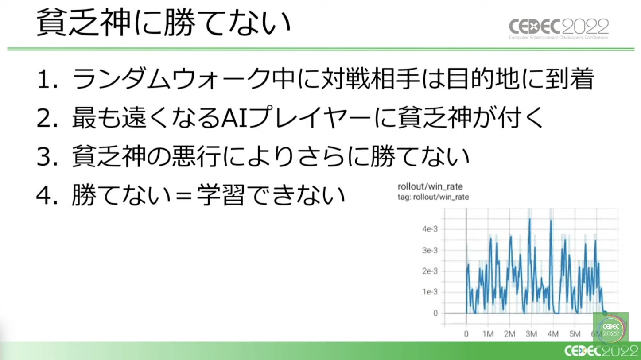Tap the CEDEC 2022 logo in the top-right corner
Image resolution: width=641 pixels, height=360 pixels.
pyautogui.click(x=559, y=29)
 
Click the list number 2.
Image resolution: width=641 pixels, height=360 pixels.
pyautogui.click(x=47, y=118)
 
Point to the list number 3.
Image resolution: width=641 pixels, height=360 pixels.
pyautogui.click(x=47, y=157)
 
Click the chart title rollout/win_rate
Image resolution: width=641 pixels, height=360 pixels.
pyautogui.click(x=430, y=187)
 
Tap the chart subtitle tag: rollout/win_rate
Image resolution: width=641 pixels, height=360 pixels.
pyautogui.click(x=433, y=197)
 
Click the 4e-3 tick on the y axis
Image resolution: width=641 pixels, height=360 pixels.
pyautogui.click(x=430, y=229)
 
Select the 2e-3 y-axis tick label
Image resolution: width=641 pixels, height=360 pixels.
pyautogui.click(x=430, y=271)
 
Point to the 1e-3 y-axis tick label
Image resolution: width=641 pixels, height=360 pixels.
pyautogui.click(x=430, y=292)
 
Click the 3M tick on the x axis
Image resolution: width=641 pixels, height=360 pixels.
pyautogui.click(x=531, y=334)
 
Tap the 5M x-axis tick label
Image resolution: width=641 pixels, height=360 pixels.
pyautogui.click(x=575, y=334)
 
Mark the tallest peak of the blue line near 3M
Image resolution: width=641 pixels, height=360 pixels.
pyautogui.click(x=530, y=219)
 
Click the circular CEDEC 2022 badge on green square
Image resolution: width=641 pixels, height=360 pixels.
pyautogui.click(x=611, y=330)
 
